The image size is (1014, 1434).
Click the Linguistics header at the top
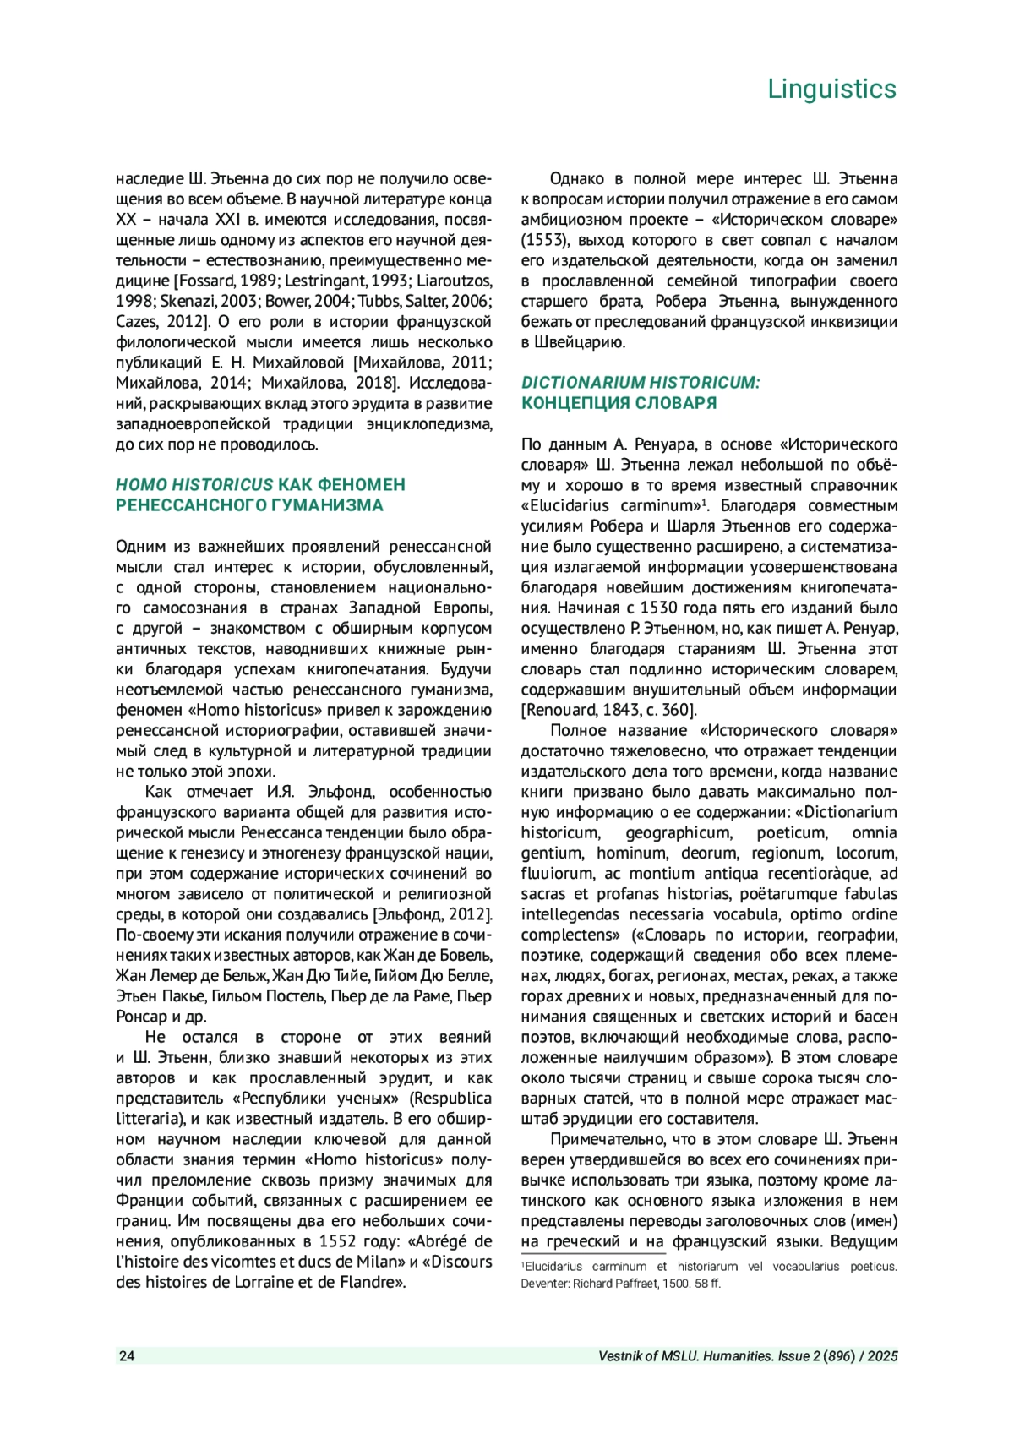(x=831, y=89)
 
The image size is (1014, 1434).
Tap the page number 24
(x=127, y=1356)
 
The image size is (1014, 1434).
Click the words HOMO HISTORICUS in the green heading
(x=194, y=485)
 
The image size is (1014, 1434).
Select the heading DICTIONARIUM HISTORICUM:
(x=641, y=383)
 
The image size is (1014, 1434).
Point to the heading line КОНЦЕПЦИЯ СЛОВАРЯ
(x=619, y=403)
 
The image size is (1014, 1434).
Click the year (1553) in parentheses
(x=543, y=240)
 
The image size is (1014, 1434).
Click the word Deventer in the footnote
(x=544, y=1284)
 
